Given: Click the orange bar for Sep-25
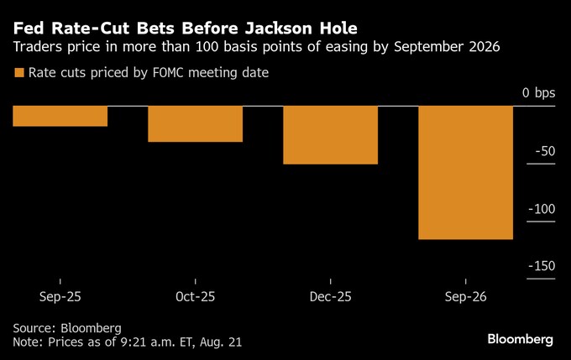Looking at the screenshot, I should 60,116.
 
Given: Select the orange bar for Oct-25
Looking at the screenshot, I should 196,123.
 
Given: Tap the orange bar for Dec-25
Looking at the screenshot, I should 330,134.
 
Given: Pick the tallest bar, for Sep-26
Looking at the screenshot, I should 465,172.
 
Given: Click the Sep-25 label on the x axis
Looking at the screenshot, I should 60,297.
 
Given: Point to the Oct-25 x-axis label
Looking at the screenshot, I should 196,297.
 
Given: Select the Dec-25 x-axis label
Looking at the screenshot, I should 330,297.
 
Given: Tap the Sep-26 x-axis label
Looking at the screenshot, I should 465,297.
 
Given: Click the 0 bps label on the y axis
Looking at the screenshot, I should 538,92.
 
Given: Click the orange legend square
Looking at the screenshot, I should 18,74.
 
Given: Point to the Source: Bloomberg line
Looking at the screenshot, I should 67,327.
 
